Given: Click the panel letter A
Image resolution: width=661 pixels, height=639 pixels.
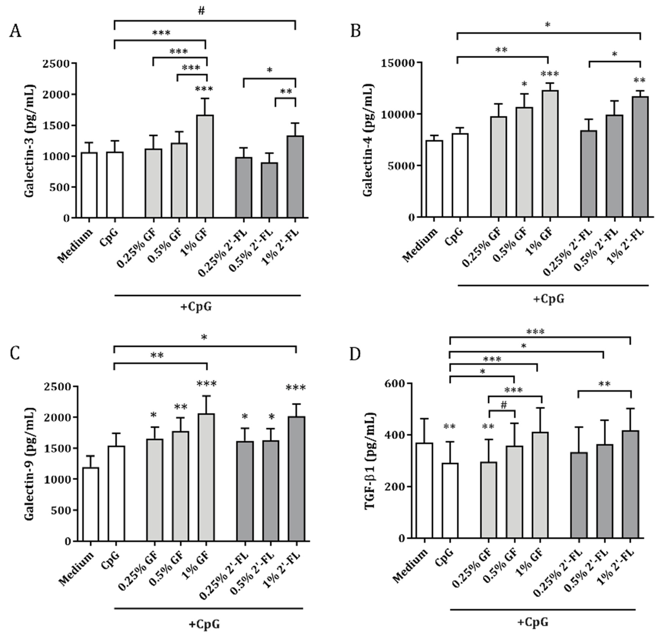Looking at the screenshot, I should (16, 32).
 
